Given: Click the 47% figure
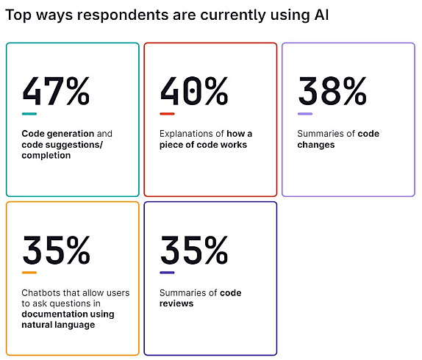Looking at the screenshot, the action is coord(56,91).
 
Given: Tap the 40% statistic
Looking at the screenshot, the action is coord(194,91).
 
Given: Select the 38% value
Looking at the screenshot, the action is coord(332,91).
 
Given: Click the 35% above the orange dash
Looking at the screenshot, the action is coord(57,250).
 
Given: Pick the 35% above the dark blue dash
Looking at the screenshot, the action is coord(194,250).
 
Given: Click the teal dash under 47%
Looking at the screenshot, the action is coord(29,114).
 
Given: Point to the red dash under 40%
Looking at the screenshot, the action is coord(167,114).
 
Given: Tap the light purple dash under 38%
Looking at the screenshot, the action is coord(305,114).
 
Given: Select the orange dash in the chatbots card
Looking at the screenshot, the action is coord(29,273).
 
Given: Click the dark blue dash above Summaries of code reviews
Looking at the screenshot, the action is coord(167,273).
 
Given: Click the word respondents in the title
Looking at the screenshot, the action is coord(123,15).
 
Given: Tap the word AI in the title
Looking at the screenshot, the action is coord(321,15).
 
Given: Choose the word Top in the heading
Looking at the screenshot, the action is coord(18,15).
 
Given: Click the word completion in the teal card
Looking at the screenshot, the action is coord(46,156).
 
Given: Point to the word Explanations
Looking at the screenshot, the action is coord(186,134).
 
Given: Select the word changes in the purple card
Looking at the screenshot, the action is coord(316,145).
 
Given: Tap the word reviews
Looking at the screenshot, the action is coord(176,303).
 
